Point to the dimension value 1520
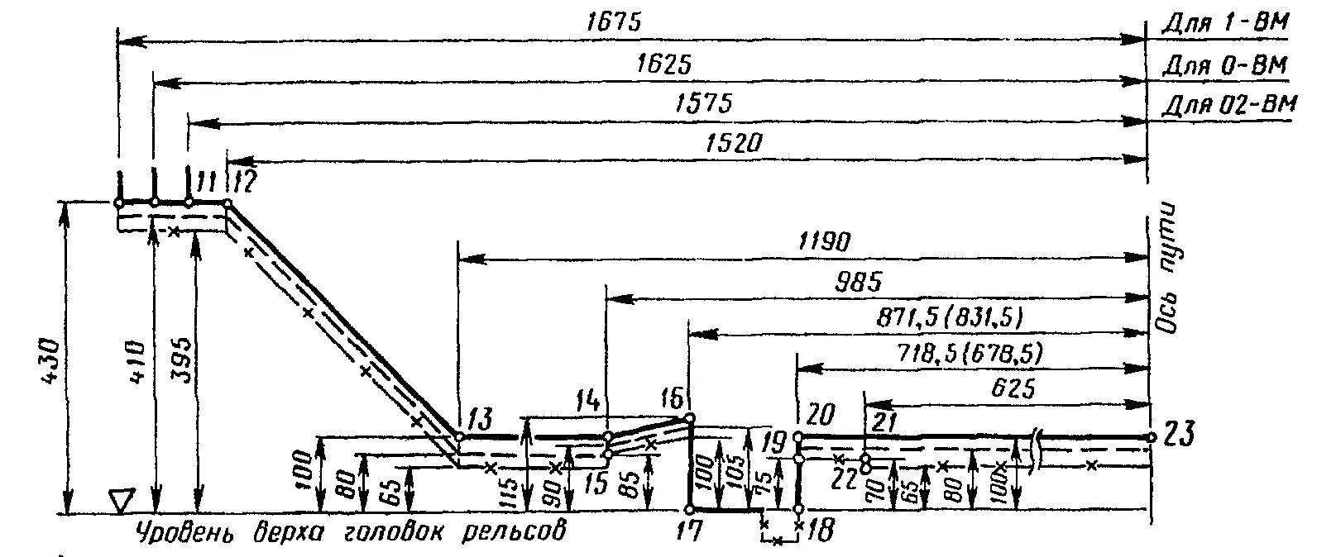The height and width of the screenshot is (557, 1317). pyautogui.click(x=732, y=143)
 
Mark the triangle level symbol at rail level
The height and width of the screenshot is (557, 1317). pyautogui.click(x=121, y=500)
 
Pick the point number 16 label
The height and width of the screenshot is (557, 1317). pyautogui.click(x=673, y=401)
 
